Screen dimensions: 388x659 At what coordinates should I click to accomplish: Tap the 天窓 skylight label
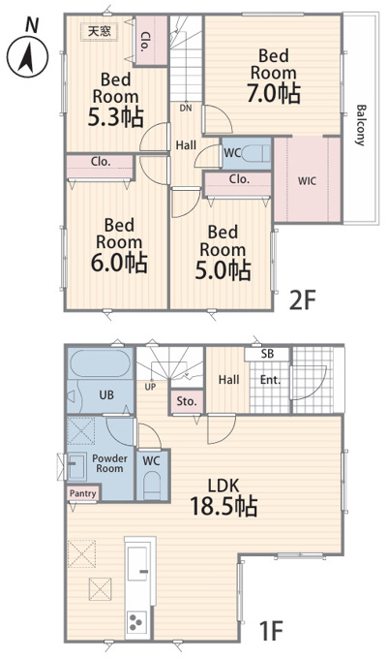[100, 31]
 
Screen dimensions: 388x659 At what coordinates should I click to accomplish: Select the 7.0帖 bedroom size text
[273, 93]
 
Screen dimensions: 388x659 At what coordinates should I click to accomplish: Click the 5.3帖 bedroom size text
[115, 117]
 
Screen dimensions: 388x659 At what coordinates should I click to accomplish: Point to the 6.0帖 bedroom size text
[119, 263]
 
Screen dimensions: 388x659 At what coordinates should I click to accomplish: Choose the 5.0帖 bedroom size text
[223, 269]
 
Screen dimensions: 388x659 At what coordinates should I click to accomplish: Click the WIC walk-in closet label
[307, 181]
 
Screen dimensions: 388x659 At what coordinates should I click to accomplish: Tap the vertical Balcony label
[360, 125]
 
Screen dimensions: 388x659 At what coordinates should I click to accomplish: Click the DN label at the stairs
[186, 108]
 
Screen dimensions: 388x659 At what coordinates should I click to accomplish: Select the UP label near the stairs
[150, 387]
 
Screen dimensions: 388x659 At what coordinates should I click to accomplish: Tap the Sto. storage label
[187, 401]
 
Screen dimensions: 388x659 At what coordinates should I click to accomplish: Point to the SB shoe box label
[267, 354]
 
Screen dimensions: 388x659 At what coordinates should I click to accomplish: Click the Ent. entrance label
[270, 380]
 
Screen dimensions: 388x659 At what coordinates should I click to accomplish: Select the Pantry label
[82, 493]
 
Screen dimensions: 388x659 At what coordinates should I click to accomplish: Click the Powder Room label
[109, 463]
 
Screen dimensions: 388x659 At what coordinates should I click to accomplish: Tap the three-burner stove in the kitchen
[137, 621]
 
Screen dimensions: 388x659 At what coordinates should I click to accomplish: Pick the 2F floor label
[302, 299]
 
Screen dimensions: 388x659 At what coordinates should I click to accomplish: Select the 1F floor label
[271, 631]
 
